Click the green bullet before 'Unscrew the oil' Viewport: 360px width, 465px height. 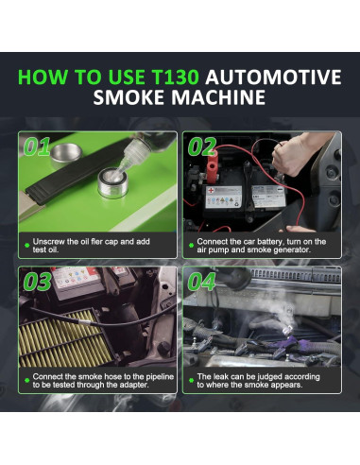(x=26, y=242)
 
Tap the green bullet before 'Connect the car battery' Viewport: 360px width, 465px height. (x=190, y=242)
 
